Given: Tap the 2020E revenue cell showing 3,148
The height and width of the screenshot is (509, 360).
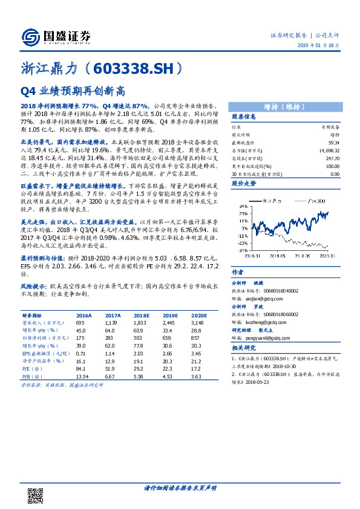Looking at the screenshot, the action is click(199, 324).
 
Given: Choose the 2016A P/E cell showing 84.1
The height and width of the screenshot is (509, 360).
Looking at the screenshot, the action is click(80, 368).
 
